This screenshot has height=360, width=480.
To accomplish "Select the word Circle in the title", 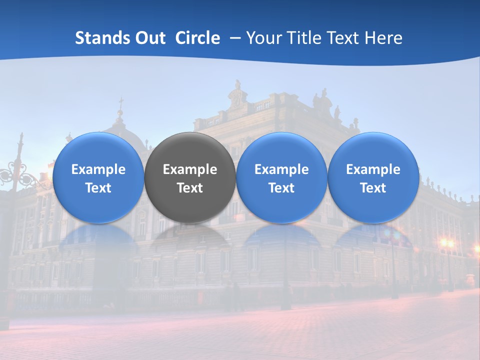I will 197,38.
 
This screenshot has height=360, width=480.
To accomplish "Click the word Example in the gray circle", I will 190,169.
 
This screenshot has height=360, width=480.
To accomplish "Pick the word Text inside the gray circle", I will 190,188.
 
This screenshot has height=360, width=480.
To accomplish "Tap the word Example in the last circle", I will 373,169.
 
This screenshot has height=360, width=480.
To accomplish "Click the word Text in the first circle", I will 98,188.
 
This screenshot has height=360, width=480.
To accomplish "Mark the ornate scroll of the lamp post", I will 12,175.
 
